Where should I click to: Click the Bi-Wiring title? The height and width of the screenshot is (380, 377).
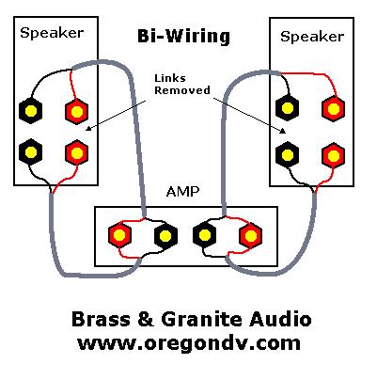click(x=183, y=37)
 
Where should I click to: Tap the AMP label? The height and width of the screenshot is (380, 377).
click(x=182, y=191)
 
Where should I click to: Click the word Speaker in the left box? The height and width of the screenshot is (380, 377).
click(x=52, y=33)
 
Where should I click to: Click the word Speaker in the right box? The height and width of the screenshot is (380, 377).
click(x=312, y=37)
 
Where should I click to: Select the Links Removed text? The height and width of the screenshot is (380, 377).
click(x=182, y=85)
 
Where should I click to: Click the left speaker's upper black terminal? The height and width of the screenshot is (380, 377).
click(x=31, y=111)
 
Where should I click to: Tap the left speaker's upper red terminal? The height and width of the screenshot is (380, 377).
click(x=76, y=111)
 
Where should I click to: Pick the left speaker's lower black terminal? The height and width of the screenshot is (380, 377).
click(x=30, y=152)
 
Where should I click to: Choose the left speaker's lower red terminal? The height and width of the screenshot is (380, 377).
click(x=76, y=152)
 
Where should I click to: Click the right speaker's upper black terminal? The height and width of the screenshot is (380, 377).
click(x=287, y=108)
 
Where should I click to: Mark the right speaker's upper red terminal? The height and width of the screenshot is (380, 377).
click(x=334, y=109)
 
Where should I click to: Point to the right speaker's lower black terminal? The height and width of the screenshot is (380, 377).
click(x=287, y=154)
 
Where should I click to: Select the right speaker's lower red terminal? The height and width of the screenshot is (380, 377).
click(x=334, y=155)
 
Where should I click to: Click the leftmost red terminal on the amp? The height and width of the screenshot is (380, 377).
click(x=119, y=235)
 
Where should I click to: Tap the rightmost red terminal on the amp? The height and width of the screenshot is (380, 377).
click(x=250, y=236)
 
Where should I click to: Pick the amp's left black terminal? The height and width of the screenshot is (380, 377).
click(x=165, y=235)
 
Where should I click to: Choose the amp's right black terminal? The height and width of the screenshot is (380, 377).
click(x=204, y=234)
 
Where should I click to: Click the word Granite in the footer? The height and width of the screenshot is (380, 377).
click(x=202, y=319)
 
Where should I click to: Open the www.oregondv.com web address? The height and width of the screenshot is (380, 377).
click(x=189, y=342)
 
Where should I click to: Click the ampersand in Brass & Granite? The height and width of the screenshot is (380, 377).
click(x=146, y=319)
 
